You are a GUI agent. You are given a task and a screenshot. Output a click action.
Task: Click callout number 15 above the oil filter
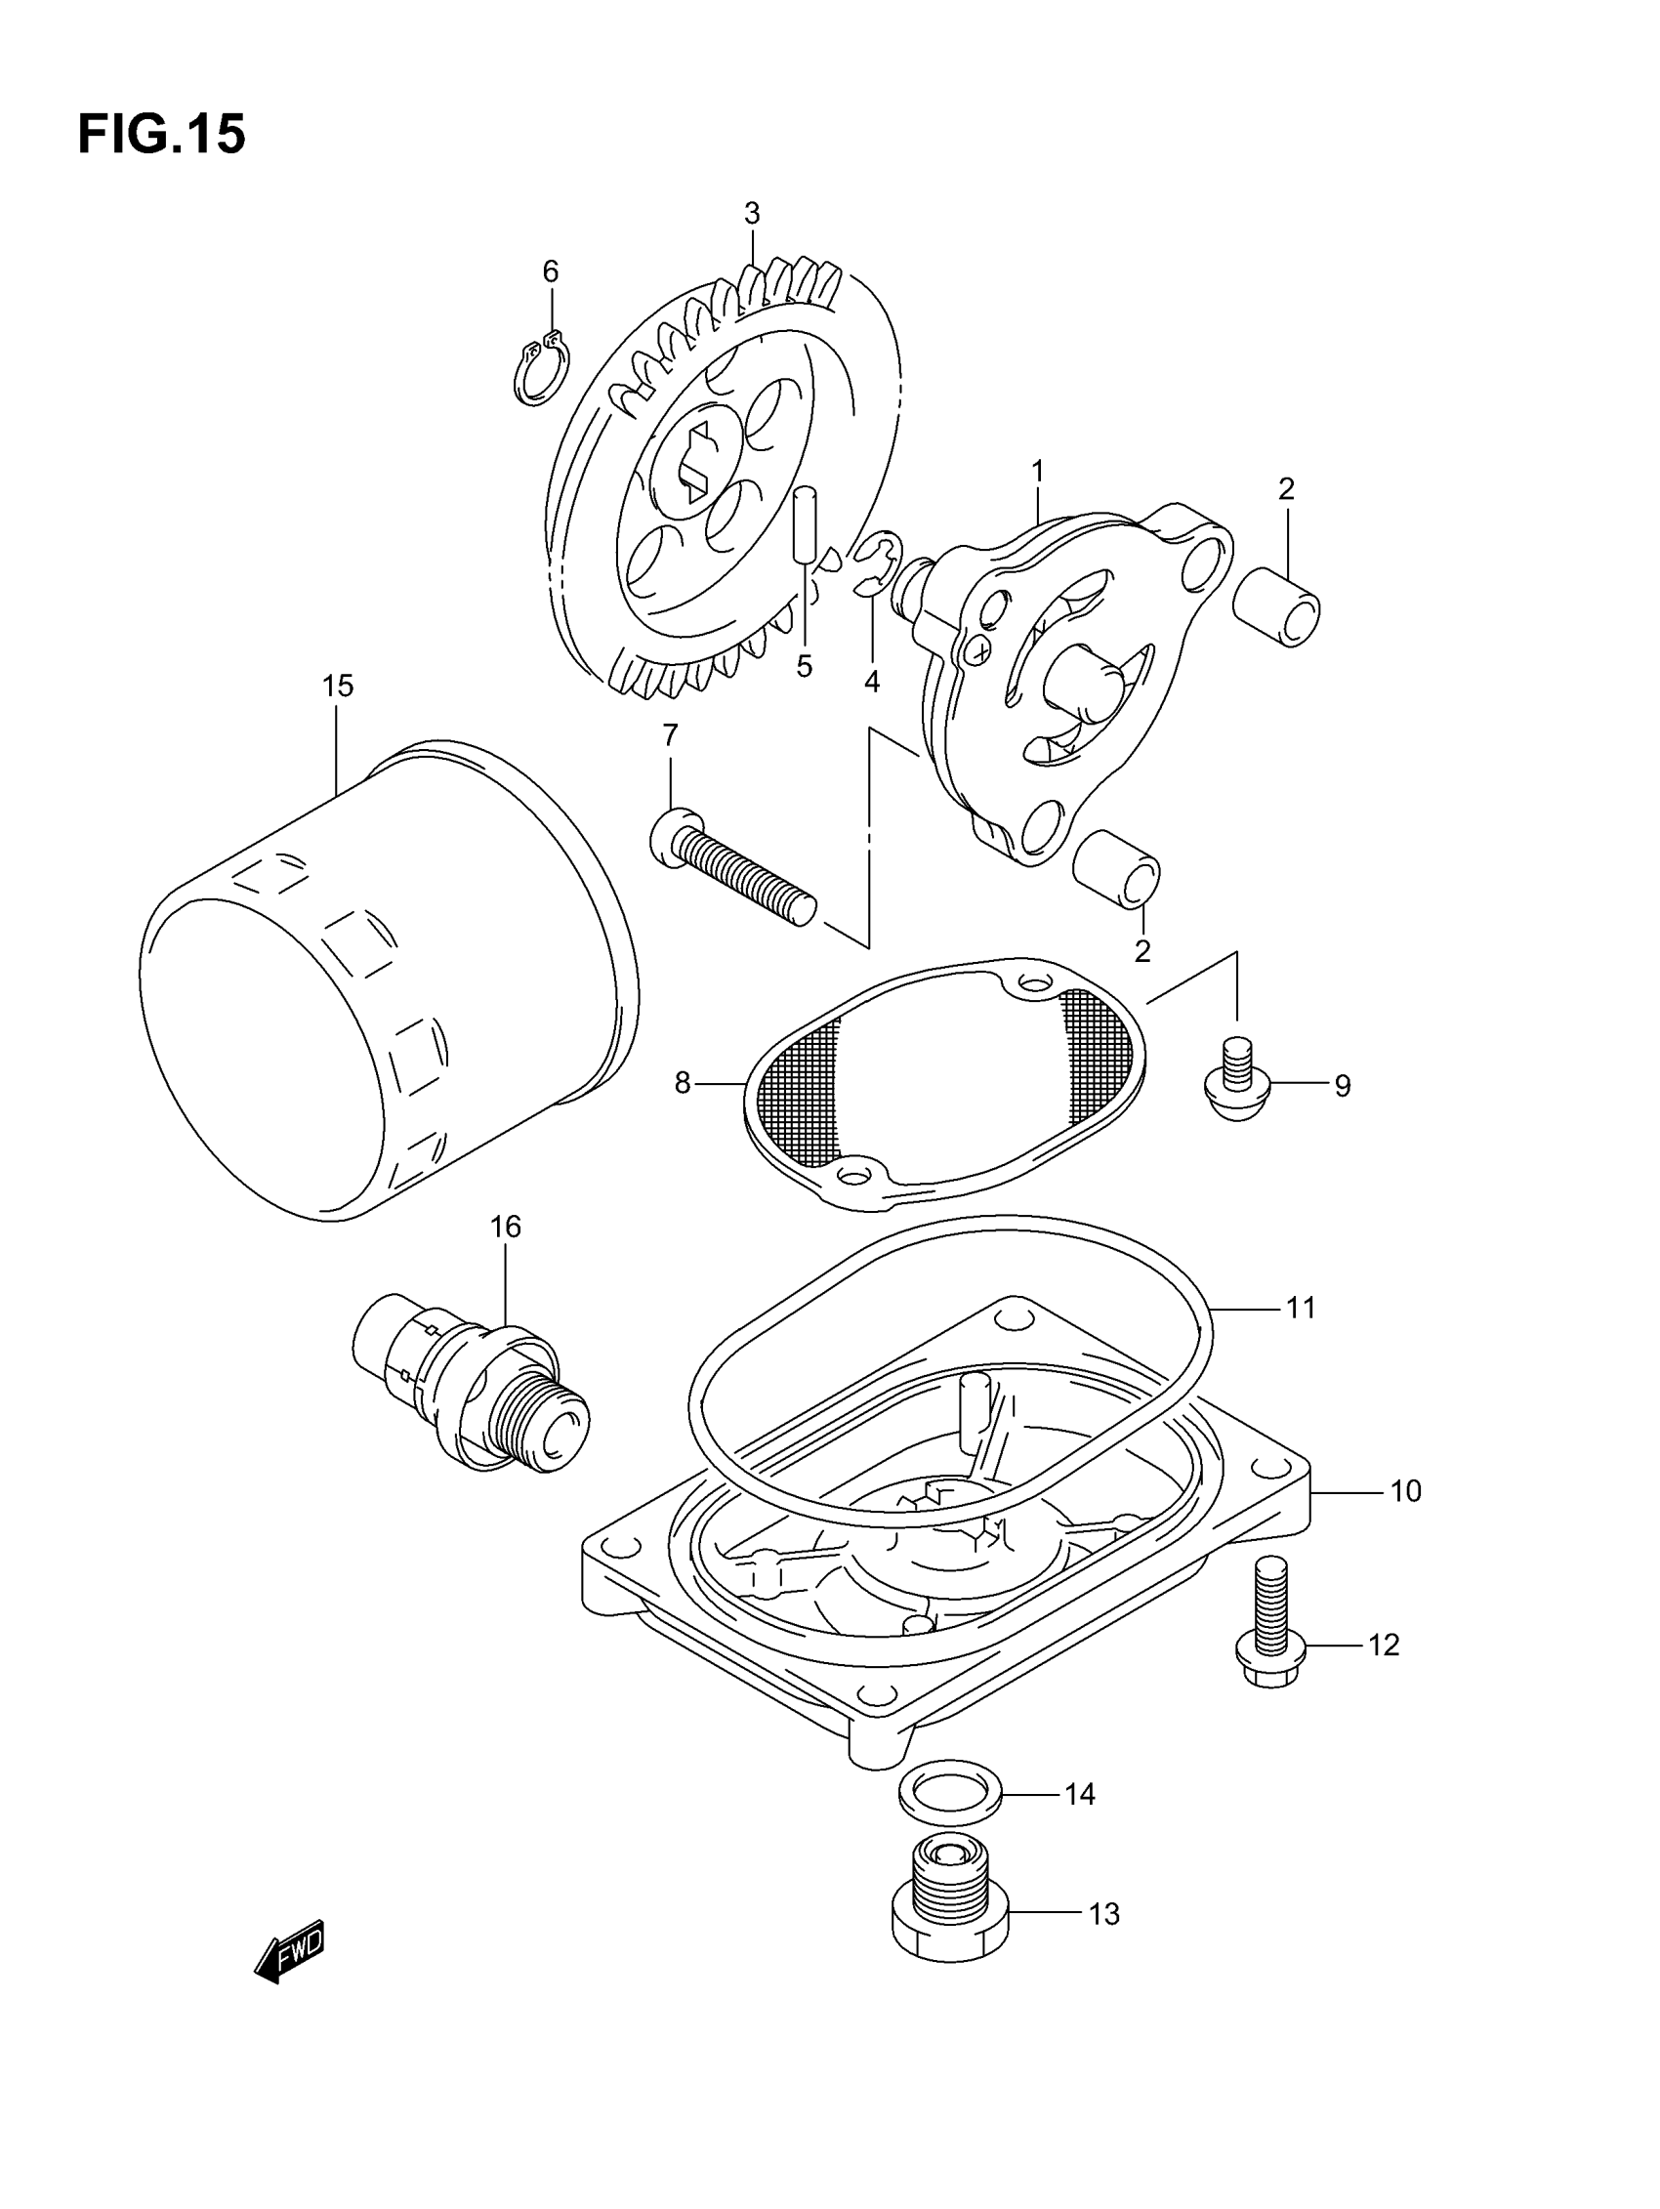coord(338,687)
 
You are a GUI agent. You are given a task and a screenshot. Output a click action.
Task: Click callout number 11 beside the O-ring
coord(1301,1308)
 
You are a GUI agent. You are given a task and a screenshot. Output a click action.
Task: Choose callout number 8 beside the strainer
coord(683,1084)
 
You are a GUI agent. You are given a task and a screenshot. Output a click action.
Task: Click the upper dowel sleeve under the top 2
coord(1276,605)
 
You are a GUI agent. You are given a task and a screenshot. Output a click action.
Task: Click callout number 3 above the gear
coord(752,214)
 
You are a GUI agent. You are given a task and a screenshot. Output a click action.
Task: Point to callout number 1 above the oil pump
coord(1038,471)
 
